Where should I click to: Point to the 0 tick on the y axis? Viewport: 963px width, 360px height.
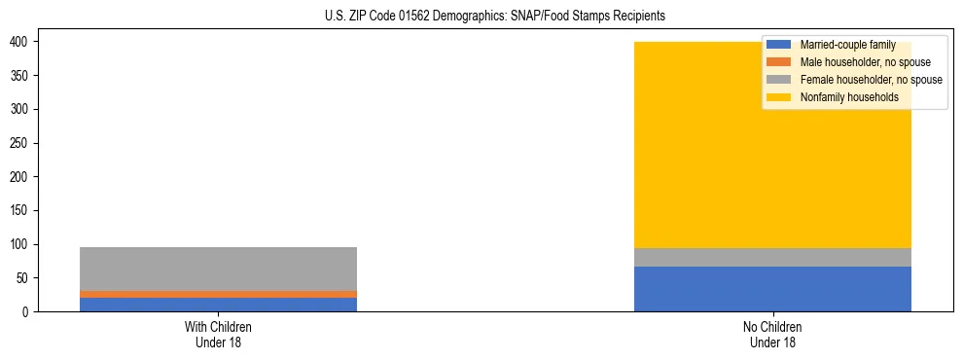point(27,312)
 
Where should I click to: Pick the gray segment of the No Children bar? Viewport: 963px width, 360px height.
point(772,257)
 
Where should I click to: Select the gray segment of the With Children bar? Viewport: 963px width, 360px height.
point(218,269)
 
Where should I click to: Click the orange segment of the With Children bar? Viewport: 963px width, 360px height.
point(218,294)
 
